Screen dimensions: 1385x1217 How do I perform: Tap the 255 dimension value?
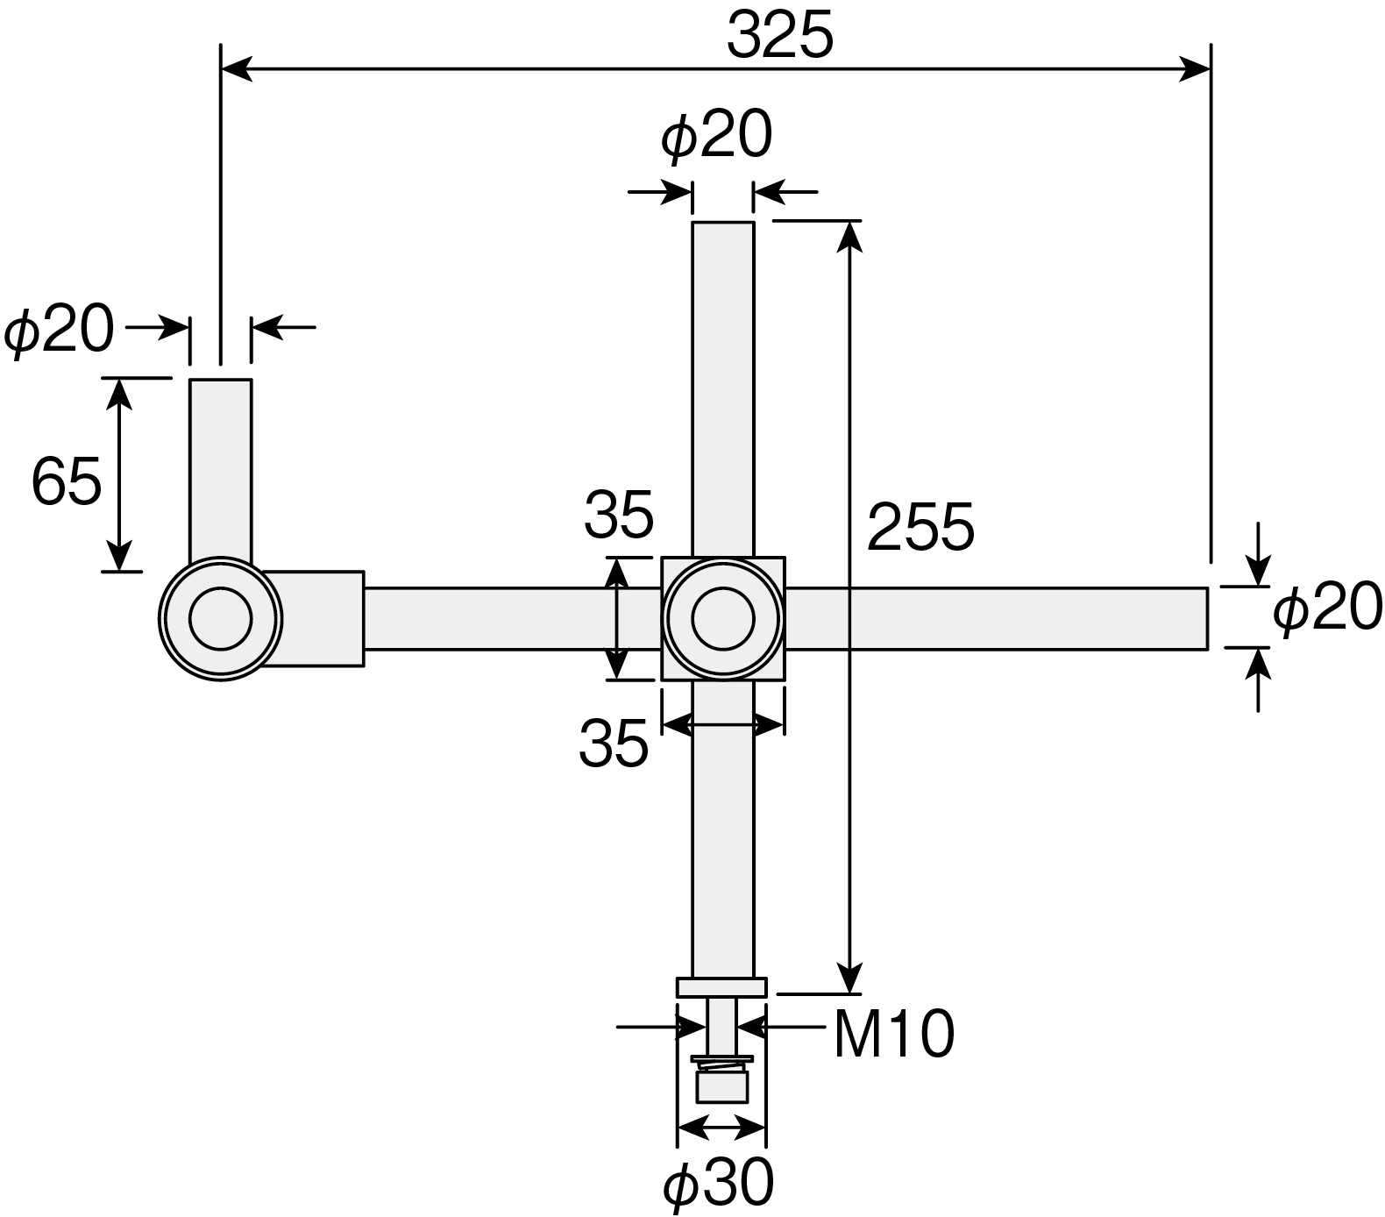point(920,527)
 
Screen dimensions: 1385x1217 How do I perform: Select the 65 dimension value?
point(67,481)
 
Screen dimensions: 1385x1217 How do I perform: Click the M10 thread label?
point(893,1035)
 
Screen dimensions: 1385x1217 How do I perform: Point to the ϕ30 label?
point(719,1184)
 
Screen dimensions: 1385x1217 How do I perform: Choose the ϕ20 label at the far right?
point(1328,608)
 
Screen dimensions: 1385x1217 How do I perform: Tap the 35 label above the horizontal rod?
point(619,515)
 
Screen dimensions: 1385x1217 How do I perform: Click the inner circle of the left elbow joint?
point(220,618)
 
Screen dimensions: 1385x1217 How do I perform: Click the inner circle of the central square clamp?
point(723,619)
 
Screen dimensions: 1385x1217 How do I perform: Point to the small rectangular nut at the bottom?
point(722,1087)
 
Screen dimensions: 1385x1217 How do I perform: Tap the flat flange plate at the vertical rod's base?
point(722,987)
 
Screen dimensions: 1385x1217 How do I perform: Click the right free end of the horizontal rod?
point(1207,619)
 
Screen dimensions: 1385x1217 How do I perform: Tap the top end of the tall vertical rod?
point(723,224)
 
